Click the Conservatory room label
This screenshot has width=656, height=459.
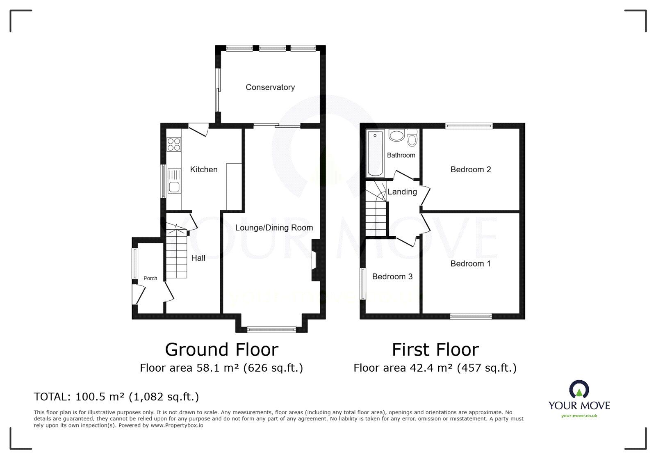click(270, 87)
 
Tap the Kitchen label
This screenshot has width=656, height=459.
click(204, 169)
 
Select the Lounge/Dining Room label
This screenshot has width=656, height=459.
click(274, 228)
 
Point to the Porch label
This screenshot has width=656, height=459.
click(150, 278)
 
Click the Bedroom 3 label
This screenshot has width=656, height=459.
click(392, 276)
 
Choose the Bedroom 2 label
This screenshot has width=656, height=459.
click(471, 169)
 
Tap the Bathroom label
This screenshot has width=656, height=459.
click(401, 155)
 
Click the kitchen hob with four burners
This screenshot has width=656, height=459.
click(174, 144)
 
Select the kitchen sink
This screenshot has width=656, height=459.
click(174, 181)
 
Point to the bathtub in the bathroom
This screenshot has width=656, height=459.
click(375, 153)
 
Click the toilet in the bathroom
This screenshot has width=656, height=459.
click(412, 138)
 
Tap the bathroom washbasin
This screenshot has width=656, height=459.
click(396, 135)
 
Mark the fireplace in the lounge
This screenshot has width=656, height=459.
click(315, 260)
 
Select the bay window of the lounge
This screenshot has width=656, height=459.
click(271, 329)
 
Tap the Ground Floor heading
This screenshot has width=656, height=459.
click(221, 350)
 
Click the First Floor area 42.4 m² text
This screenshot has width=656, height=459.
click(435, 368)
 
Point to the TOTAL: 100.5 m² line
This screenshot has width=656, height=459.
click(116, 397)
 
